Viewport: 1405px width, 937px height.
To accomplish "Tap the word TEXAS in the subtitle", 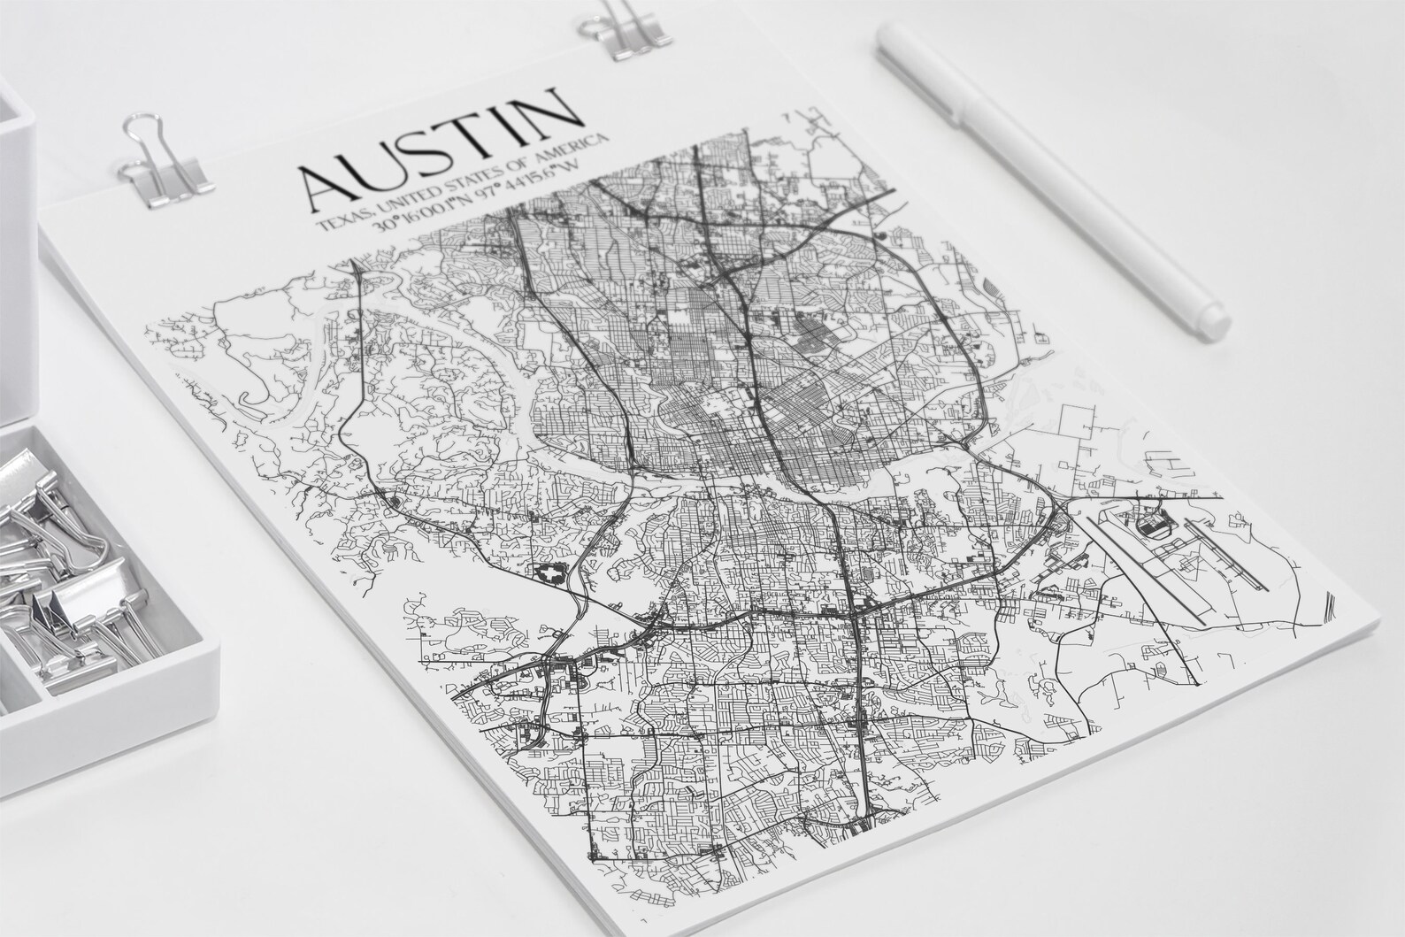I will click(339, 219).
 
